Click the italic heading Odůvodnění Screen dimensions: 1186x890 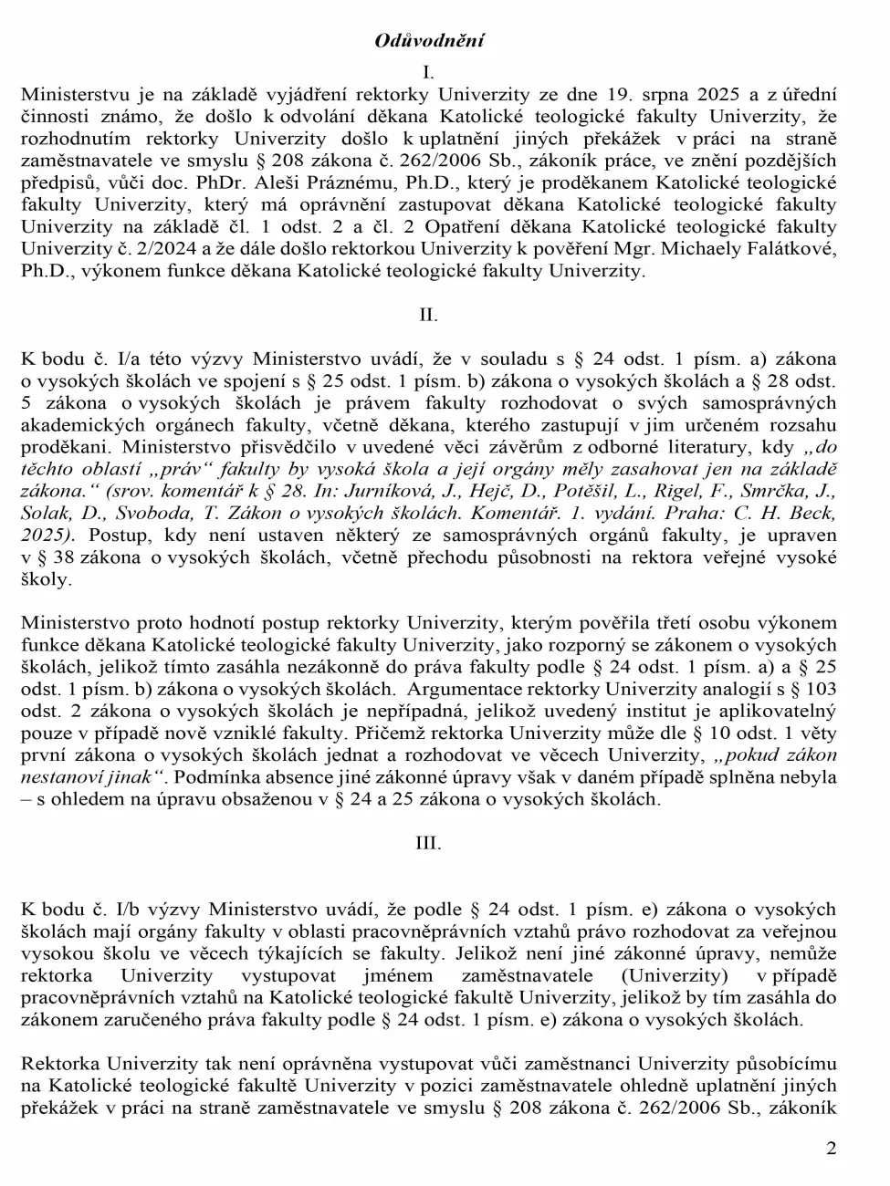(x=429, y=40)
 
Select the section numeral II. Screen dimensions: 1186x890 (x=428, y=315)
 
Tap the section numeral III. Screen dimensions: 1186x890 (x=428, y=843)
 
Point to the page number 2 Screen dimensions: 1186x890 (x=831, y=1149)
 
